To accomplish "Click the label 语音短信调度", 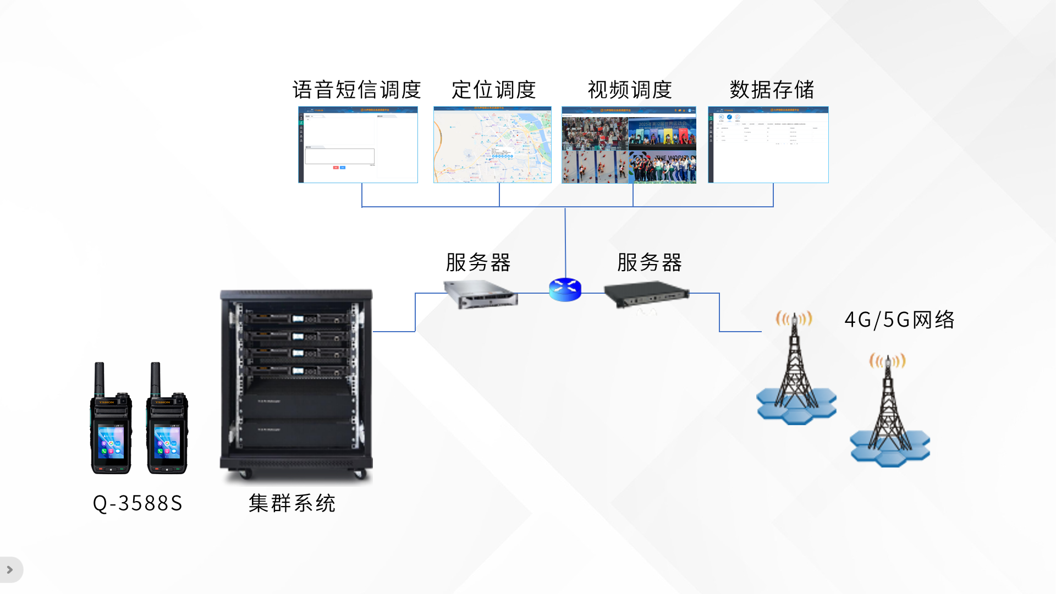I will [356, 90].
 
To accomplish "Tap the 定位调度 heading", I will [493, 90].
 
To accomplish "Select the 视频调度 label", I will [630, 90].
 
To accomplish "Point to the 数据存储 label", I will [772, 90].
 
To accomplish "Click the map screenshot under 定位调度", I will [492, 145].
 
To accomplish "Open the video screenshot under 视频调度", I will [629, 145].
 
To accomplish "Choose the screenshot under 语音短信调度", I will [358, 145].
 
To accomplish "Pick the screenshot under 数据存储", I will [768, 145].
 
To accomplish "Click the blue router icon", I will [565, 289].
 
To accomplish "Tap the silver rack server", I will [481, 294].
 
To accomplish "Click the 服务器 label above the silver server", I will [478, 262].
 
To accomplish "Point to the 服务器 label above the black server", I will [650, 262].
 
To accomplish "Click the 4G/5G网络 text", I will [899, 320].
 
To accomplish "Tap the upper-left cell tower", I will [795, 369].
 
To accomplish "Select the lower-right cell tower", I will [889, 413].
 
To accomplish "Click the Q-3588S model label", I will [137, 503].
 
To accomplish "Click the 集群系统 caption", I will [291, 503].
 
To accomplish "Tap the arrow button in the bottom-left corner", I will [10, 570].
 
